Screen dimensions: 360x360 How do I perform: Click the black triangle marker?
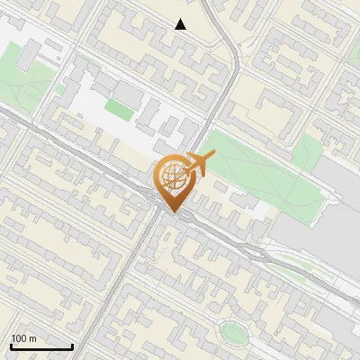click(181, 24)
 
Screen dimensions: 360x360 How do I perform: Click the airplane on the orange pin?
click(200, 164)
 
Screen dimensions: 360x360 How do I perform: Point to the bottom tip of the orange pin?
click(172, 211)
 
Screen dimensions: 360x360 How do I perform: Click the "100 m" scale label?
click(23, 338)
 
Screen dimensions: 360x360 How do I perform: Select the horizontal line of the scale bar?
click(41, 346)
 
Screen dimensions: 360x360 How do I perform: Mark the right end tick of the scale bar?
click(72, 344)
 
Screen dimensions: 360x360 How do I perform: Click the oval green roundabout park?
click(234, 334)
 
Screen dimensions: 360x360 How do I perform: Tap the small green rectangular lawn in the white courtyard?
click(118, 108)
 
